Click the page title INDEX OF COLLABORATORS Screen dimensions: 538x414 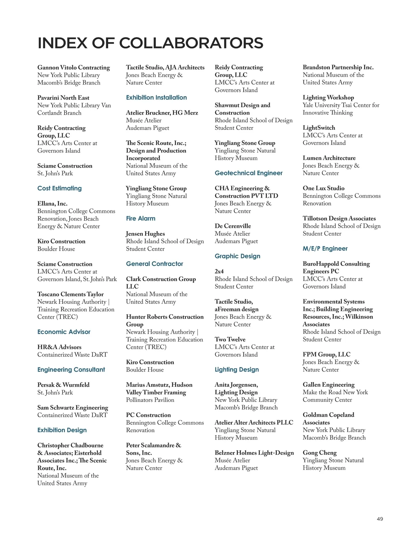pos(150,43)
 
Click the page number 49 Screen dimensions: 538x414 pos(379,519)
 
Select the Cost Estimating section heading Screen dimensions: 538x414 pos(59,188)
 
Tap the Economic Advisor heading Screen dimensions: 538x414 pos(64,332)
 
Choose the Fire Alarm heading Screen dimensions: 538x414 pos(140,219)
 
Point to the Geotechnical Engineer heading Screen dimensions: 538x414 pos(248,173)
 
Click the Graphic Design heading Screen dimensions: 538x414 pos(237,256)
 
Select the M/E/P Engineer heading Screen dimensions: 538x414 pos(325,249)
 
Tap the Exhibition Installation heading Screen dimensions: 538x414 pos(156,98)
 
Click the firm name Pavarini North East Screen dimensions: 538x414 pos(63,98)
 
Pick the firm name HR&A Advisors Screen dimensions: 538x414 pos(59,347)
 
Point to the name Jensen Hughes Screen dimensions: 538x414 pos(145,234)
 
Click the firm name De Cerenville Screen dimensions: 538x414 pos(233,226)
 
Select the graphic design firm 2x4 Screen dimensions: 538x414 pos(219,271)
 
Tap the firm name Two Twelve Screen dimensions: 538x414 pos(230,339)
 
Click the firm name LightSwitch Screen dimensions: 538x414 pos(319,128)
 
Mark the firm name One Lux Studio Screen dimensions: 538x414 pos(323,188)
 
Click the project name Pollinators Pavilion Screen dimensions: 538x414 pos(150,400)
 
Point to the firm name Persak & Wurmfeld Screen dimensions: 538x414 pos(63,385)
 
